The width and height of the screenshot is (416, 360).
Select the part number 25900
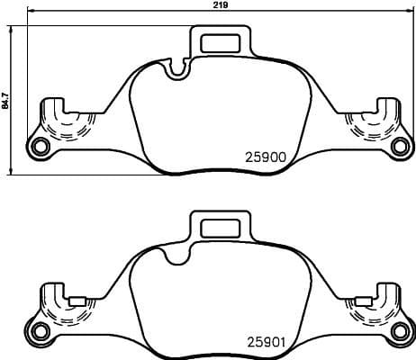266,155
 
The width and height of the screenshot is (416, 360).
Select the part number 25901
266,342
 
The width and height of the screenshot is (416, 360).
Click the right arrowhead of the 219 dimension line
411,13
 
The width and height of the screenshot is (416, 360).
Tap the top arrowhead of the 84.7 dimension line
12,29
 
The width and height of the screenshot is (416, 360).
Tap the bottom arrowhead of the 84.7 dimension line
12,172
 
